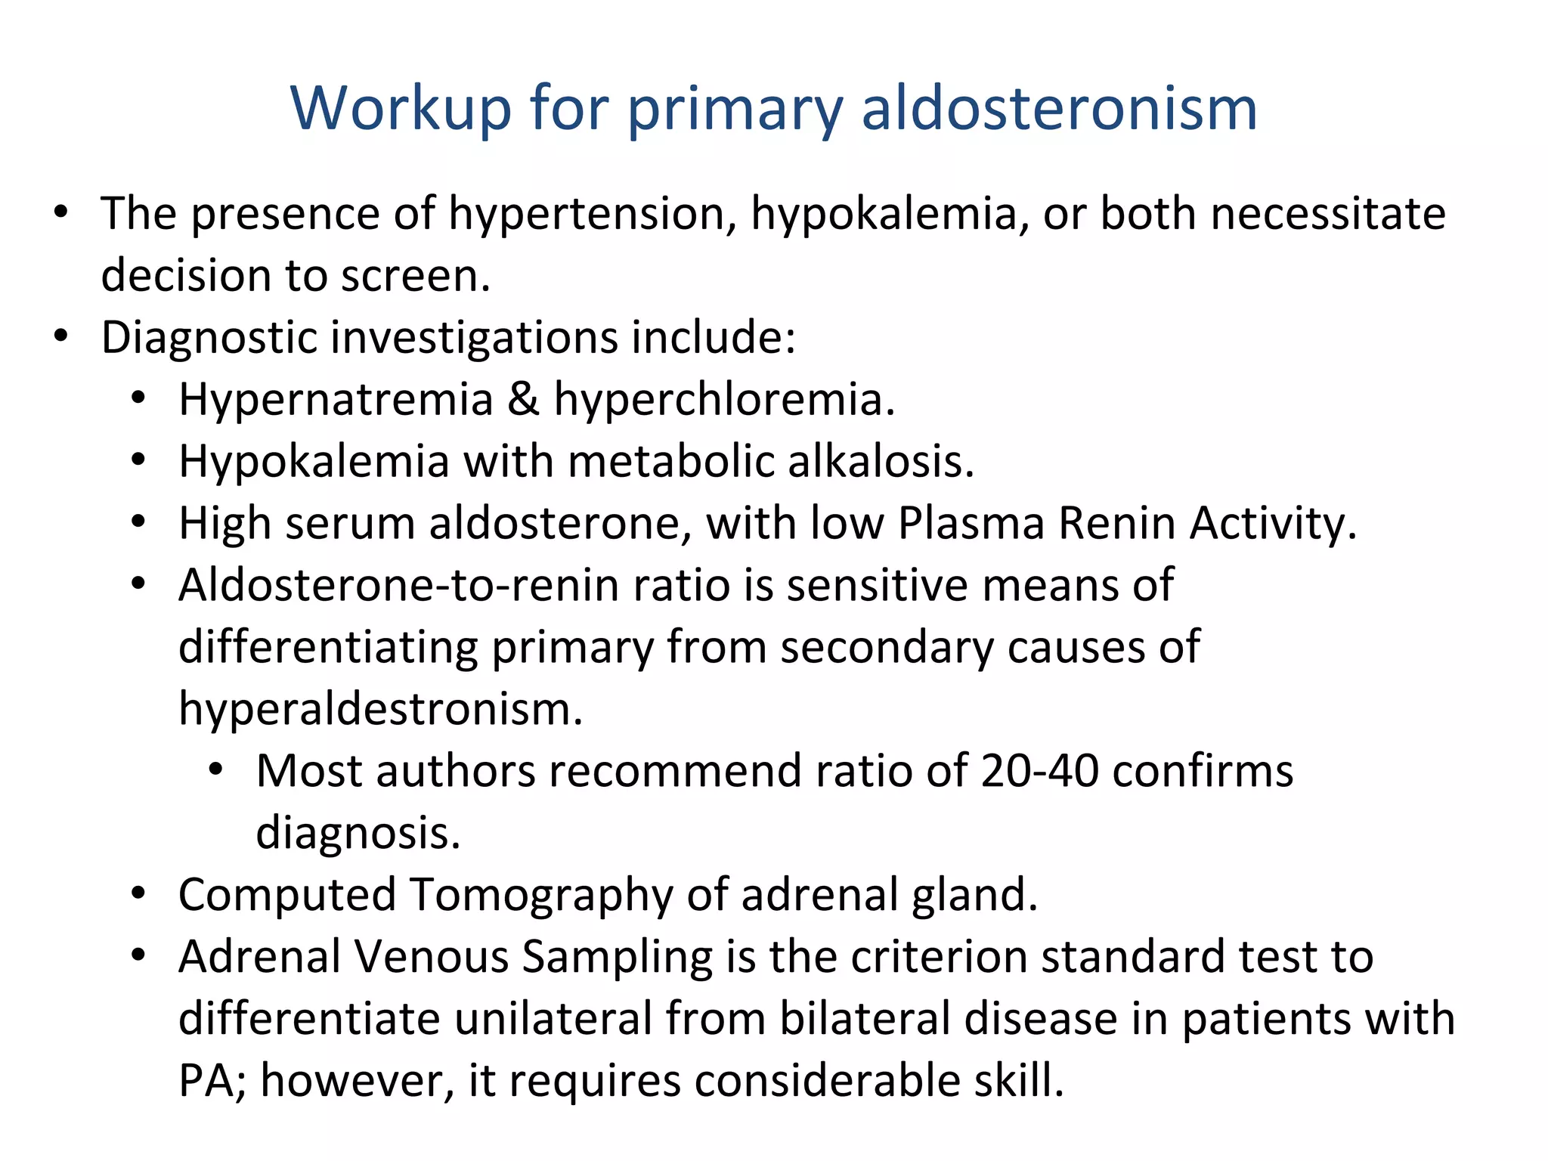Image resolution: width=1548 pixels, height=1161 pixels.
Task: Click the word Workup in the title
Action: [x=401, y=108]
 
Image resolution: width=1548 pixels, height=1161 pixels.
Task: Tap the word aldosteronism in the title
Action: [x=1059, y=108]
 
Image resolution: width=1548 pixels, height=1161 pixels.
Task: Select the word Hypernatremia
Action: [x=336, y=400]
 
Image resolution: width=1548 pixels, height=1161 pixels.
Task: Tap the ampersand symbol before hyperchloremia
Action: [x=523, y=399]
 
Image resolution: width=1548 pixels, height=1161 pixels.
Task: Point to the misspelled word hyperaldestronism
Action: [x=380, y=710]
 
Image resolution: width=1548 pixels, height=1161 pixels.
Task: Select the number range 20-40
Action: [x=1039, y=772]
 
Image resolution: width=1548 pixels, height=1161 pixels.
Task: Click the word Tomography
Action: [x=541, y=896]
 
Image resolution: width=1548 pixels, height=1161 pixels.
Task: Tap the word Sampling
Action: [x=617, y=958]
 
